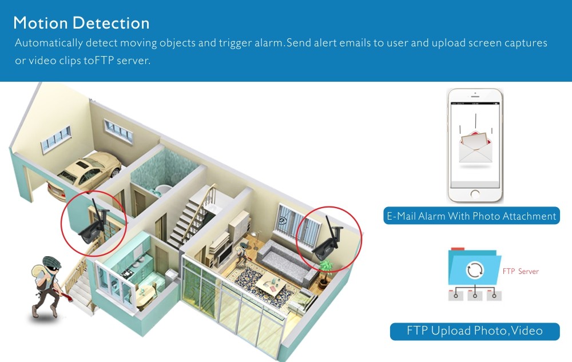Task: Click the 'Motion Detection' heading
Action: pyautogui.click(x=81, y=23)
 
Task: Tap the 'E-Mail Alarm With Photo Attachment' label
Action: pyautogui.click(x=471, y=216)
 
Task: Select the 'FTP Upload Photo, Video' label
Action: pyautogui.click(x=475, y=331)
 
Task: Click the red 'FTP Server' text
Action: pyautogui.click(x=521, y=272)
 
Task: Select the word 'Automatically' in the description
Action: pyautogui.click(x=49, y=43)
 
